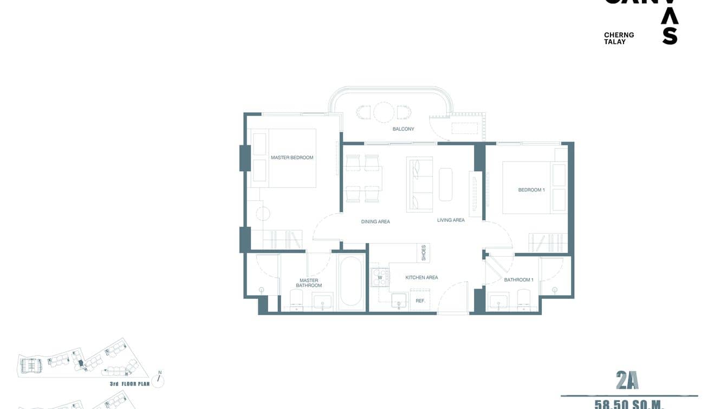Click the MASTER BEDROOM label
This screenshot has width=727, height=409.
point(292,158)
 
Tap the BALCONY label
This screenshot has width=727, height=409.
point(403,129)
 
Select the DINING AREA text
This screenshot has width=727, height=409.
point(375,222)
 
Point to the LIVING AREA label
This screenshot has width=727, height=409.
point(451,220)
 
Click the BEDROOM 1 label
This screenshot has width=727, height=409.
point(531,190)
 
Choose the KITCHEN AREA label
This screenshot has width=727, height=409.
point(421,278)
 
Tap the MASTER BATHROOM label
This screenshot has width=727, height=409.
point(309,283)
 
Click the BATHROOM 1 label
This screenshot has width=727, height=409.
point(518,280)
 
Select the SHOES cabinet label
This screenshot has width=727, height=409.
point(424,253)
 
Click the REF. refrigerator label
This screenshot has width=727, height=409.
point(420,301)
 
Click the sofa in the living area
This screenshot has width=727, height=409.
point(420,184)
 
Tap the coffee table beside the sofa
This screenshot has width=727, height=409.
point(445,184)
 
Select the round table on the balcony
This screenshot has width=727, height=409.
point(384,112)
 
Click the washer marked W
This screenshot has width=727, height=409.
point(380,278)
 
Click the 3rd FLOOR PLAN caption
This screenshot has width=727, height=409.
point(129,384)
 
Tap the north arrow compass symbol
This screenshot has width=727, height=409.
point(159,379)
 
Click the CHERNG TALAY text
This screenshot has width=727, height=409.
point(619,38)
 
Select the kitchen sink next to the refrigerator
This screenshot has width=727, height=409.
point(399,300)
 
